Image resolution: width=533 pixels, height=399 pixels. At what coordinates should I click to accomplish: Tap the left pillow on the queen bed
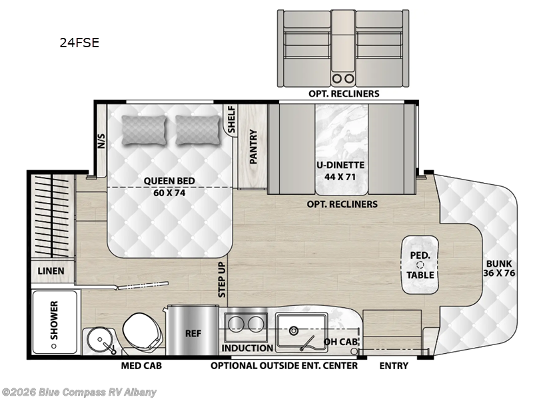click(144, 130)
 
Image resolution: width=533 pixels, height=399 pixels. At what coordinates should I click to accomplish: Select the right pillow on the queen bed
click(197, 130)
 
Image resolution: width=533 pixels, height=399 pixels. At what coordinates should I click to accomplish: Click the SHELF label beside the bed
click(232, 120)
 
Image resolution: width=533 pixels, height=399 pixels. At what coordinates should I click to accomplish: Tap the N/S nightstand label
click(101, 141)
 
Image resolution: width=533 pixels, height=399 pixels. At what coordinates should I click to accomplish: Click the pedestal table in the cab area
click(420, 265)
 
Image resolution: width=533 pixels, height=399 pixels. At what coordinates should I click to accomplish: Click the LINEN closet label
click(51, 271)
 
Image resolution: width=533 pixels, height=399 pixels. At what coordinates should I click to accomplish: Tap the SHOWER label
click(54, 319)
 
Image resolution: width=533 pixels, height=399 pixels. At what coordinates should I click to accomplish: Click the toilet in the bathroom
click(141, 329)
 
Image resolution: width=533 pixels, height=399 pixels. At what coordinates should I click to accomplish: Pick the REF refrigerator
click(193, 332)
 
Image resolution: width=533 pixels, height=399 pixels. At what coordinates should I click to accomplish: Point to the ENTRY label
click(394, 365)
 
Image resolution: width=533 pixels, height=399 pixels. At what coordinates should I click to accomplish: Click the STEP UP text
click(222, 279)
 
